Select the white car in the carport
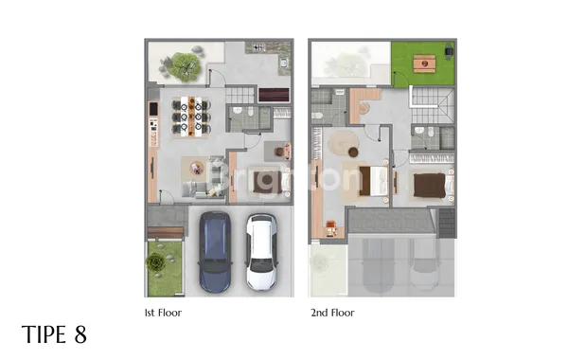[x=260, y=252]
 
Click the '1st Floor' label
[x=163, y=311]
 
